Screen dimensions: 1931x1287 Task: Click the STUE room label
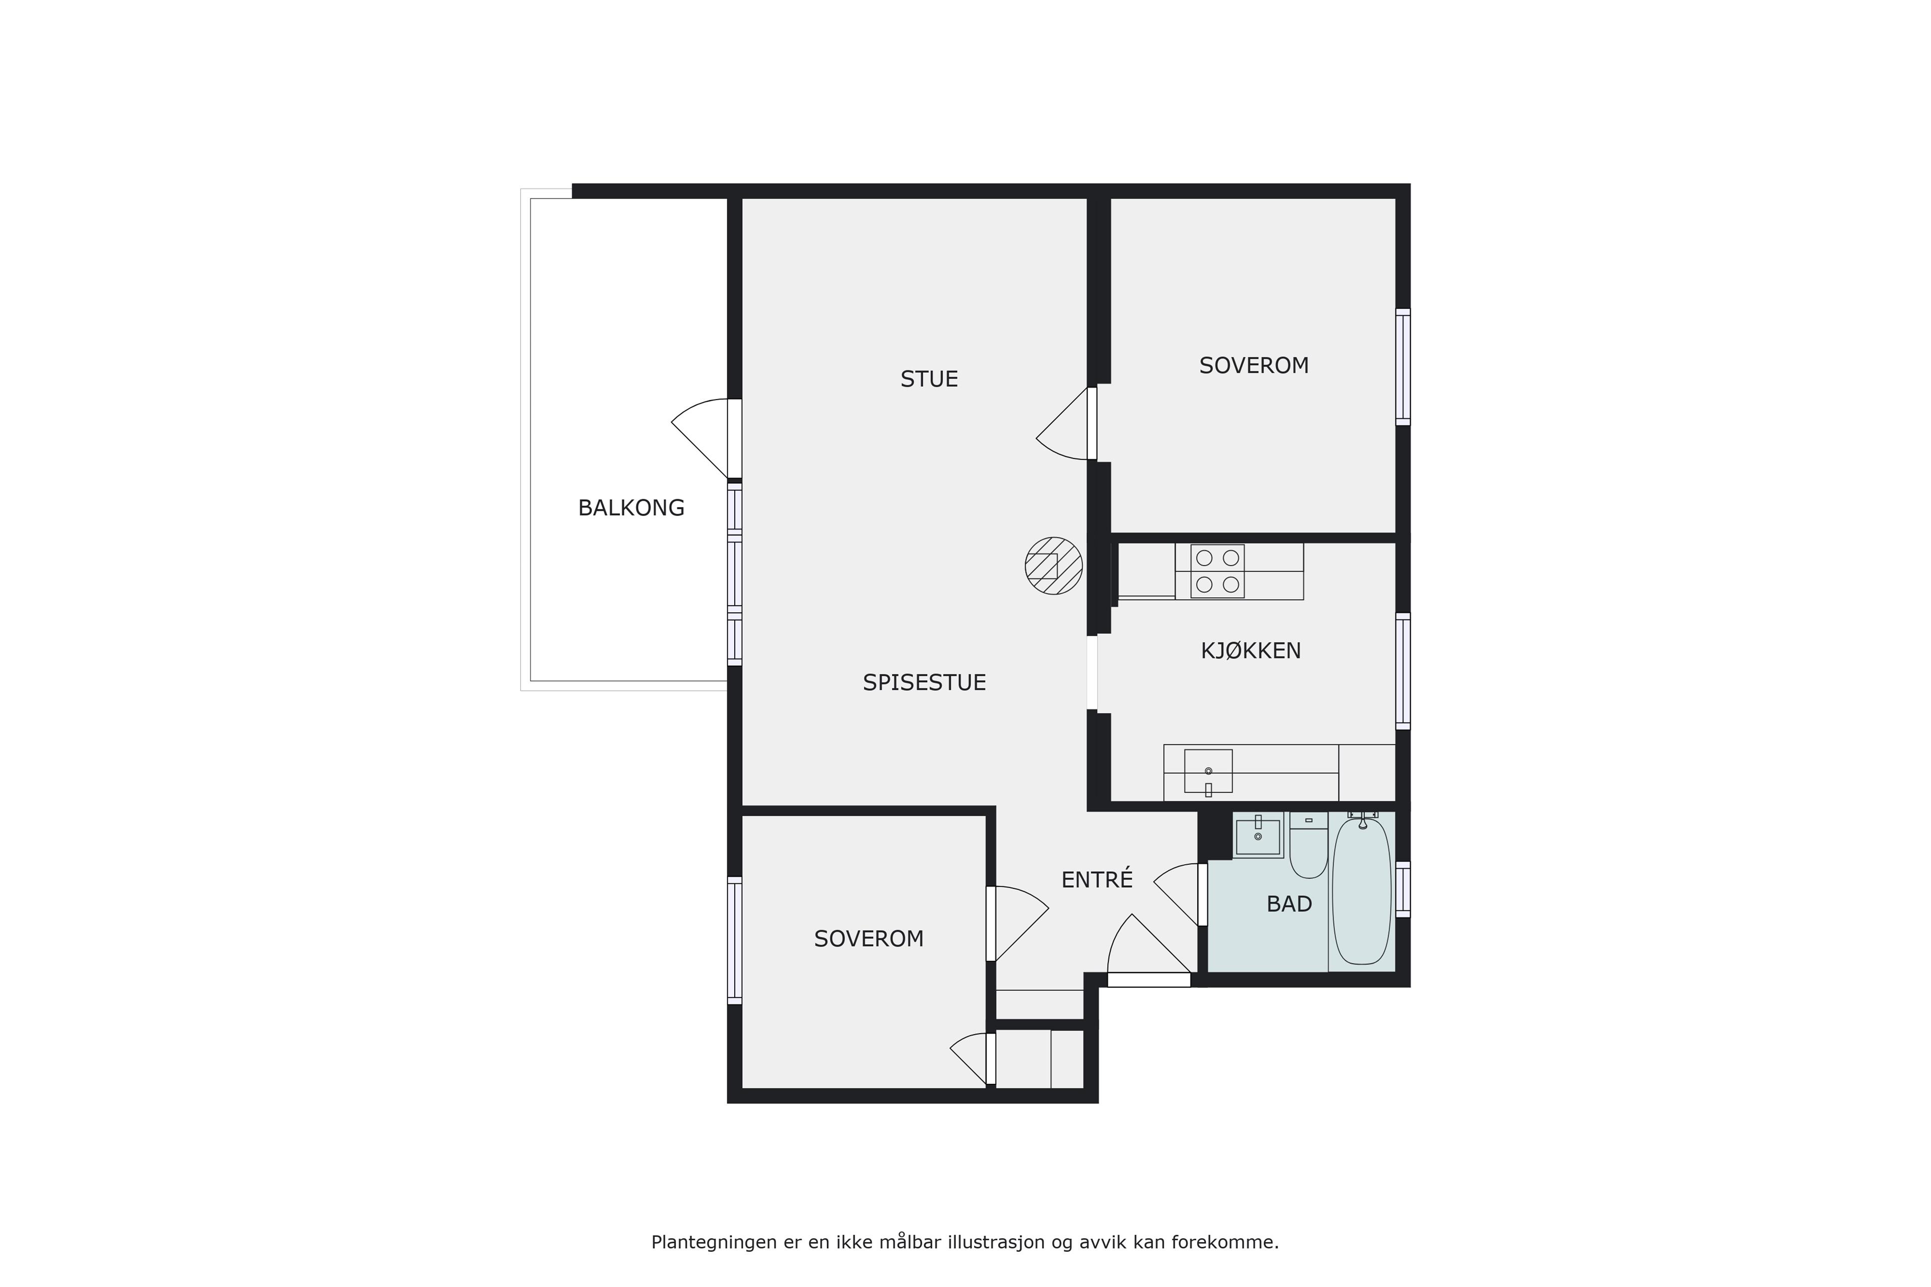coord(929,379)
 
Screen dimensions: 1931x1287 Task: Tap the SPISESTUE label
coord(924,683)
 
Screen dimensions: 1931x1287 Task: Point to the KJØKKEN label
coord(1251,651)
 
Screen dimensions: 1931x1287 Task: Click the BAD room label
coord(1289,904)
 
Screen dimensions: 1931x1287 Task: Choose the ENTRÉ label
coord(1097,879)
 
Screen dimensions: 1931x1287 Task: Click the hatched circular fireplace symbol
coord(1054,566)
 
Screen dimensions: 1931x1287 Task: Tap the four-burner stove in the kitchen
coord(1217,571)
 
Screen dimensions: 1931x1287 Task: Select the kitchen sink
coord(1208,772)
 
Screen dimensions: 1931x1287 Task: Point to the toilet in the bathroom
coord(1308,846)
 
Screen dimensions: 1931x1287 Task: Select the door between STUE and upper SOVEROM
coord(1067,423)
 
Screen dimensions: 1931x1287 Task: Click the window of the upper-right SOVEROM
coord(1403,367)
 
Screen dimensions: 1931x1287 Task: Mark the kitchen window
coord(1403,671)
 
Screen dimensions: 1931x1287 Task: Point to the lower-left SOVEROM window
coord(735,941)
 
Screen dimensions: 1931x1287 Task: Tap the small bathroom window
coord(1403,889)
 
